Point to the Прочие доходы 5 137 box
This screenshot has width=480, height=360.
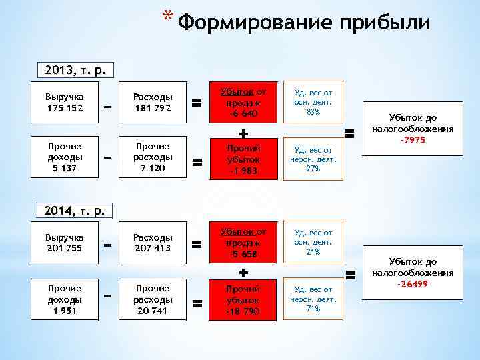pos(65,157)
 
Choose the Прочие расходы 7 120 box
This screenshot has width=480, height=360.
pos(153,157)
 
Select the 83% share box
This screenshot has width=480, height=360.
pos(313,102)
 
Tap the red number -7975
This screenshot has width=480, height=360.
pos(413,140)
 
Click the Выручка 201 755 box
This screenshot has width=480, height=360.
pos(65,243)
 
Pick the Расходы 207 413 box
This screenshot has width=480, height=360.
pos(153,243)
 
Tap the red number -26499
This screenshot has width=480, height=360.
pos(413,284)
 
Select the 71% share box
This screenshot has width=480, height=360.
pos(313,299)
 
